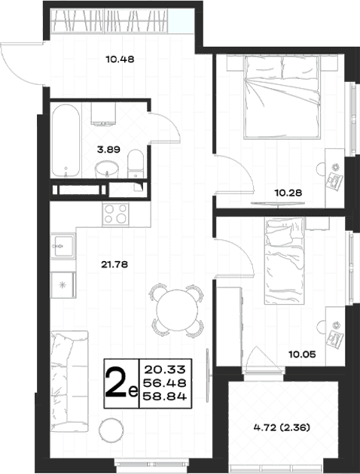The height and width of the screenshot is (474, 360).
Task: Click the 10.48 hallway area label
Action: point(120,59)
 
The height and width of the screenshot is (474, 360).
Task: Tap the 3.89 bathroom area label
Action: point(108,149)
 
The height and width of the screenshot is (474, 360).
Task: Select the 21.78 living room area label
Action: point(114,265)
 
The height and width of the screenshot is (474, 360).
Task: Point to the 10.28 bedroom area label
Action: point(288,193)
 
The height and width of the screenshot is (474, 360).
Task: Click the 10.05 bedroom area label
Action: point(302,354)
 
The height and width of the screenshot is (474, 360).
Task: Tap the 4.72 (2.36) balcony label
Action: point(282,428)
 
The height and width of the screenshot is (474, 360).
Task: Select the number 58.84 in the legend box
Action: point(164,396)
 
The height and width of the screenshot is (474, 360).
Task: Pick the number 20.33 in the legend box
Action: point(165,369)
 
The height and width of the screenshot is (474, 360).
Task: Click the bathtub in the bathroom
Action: point(66,141)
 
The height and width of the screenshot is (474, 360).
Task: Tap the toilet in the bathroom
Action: point(136,164)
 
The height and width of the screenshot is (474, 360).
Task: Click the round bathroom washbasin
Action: point(106,169)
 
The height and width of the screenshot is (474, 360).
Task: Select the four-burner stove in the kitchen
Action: point(115,214)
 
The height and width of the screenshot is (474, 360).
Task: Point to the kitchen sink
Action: point(63,246)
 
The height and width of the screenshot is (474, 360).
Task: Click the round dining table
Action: point(177,310)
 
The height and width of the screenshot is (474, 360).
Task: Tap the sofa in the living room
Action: point(69,381)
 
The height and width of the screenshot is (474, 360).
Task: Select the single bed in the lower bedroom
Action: point(284,260)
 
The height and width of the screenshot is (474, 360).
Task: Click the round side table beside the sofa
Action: point(111,431)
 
